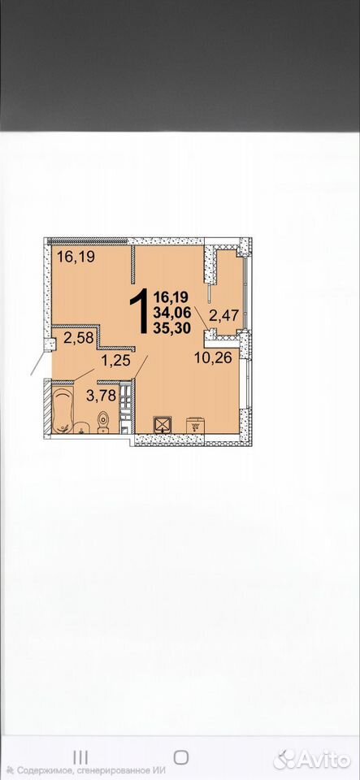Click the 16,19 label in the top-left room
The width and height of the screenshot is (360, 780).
pos(76,257)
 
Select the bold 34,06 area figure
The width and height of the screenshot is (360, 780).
pos(172,314)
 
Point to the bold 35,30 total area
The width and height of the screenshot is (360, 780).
pos(172,328)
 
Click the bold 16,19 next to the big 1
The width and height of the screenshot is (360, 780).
pos(172,298)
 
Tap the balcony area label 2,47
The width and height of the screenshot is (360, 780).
pos(224,314)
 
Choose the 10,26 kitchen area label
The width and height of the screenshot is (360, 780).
pos(213,357)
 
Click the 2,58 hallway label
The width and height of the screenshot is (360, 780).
pos(79,338)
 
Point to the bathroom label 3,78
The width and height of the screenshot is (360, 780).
pos(101,396)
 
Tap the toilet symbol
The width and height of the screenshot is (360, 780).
pos(103,422)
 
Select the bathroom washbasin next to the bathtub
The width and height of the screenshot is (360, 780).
pos(81,428)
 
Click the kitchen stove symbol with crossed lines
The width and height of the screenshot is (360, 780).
pos(163,424)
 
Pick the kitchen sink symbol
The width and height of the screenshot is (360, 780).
pos(195,425)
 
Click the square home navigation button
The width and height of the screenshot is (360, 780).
pos(181,757)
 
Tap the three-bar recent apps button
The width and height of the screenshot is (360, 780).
pos(80,757)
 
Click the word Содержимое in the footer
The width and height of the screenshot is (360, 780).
pos(41,770)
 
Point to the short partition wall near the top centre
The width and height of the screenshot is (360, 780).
pos(133,263)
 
